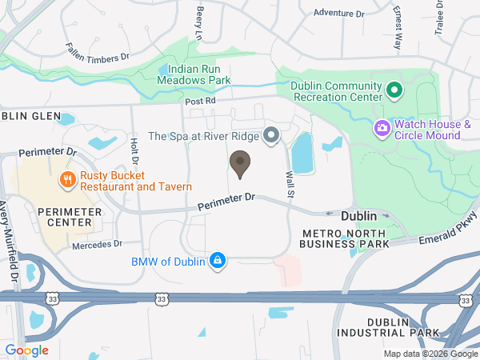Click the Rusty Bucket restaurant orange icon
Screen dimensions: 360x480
[x=67, y=180]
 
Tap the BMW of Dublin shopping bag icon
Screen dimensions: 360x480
[x=216, y=261]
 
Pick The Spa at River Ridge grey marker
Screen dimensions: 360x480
[x=271, y=135]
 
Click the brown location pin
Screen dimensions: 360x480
[x=239, y=164]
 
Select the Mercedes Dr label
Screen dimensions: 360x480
[x=96, y=244]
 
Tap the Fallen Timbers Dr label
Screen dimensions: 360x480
[x=97, y=51]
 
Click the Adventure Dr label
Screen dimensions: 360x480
[x=338, y=13]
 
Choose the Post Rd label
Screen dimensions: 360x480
[x=201, y=102]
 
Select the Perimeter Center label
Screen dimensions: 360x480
[x=70, y=216]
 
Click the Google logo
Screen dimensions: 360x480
[x=26, y=350]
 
